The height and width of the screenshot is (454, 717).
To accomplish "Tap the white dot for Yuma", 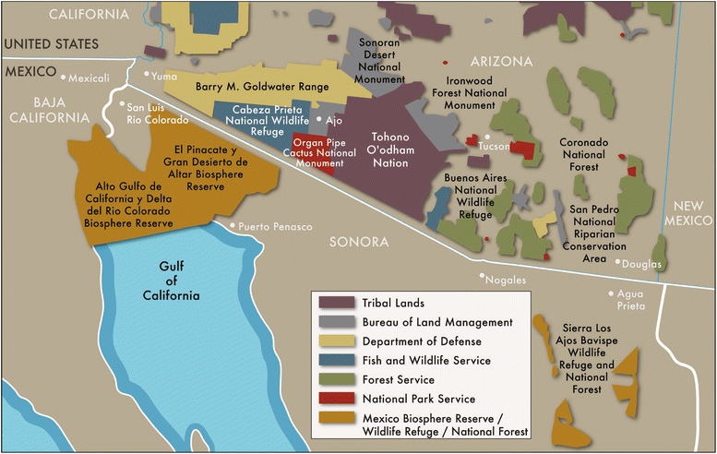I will [146, 77].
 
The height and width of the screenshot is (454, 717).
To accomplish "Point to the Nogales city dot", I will [482, 275].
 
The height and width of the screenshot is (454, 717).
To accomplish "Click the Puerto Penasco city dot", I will [231, 225].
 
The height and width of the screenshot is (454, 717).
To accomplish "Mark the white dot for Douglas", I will [618, 261].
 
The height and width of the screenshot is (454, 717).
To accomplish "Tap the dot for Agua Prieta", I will [610, 294].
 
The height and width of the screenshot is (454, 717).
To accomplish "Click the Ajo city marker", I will [319, 119].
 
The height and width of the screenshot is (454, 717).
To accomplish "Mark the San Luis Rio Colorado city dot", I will [120, 104].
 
